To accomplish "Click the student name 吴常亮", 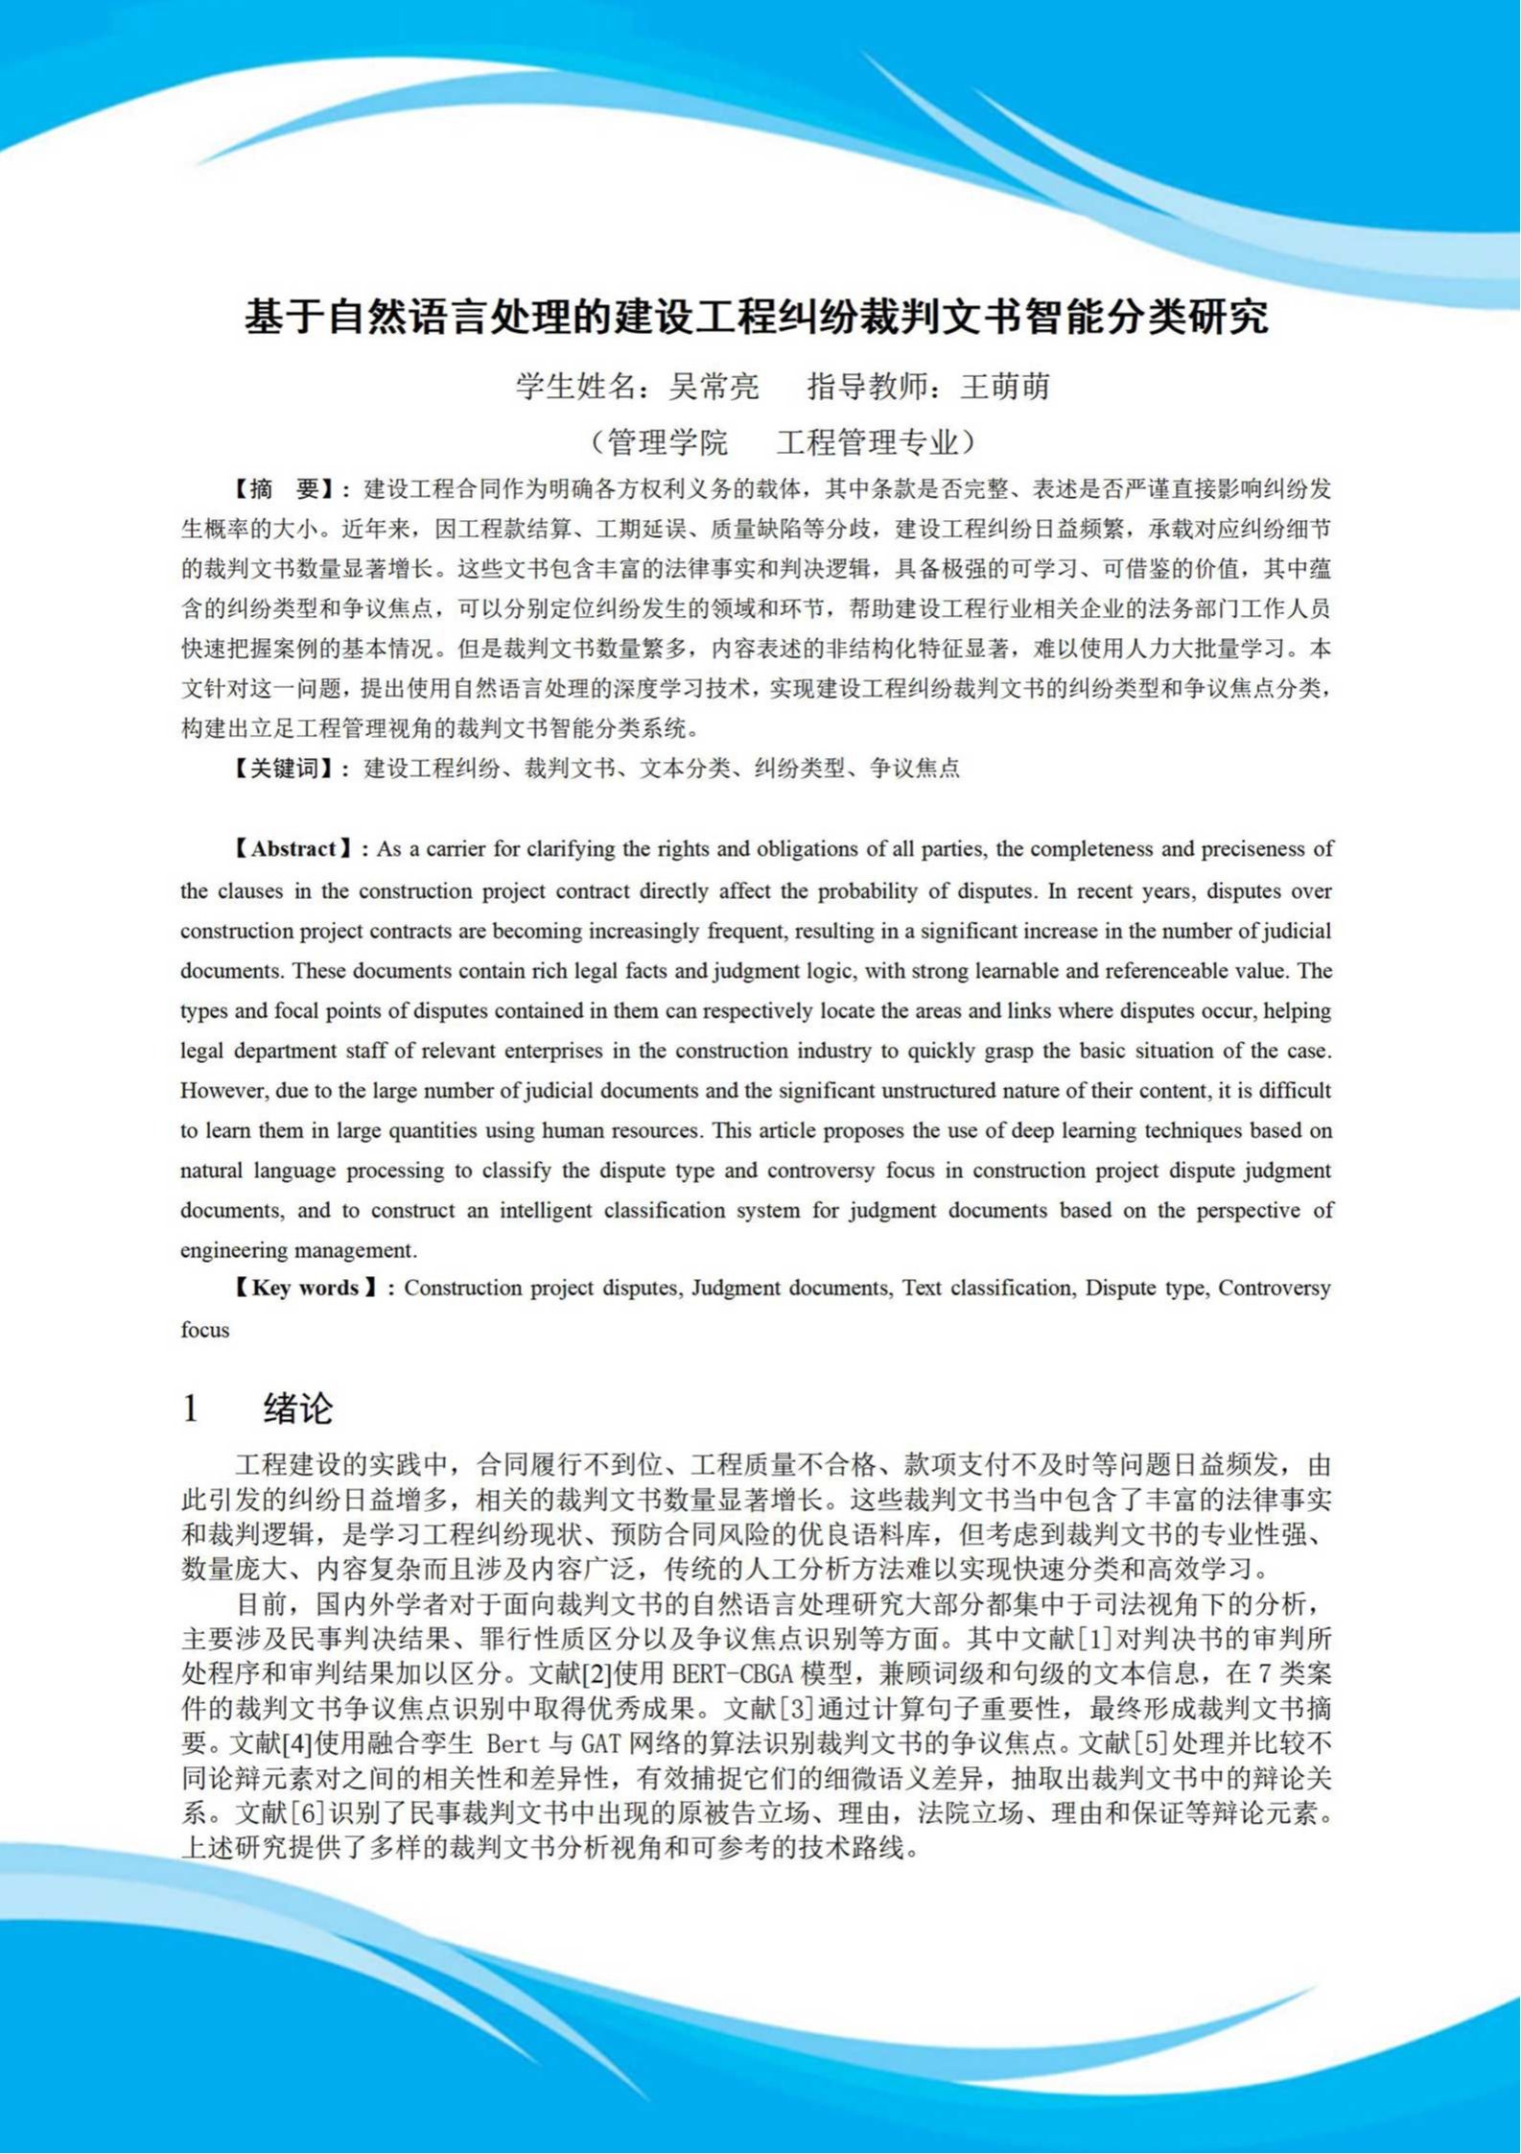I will pyautogui.click(x=714, y=387).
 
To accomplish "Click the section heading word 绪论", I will pyautogui.click(x=298, y=1408).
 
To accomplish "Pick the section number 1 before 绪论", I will pyautogui.click(x=190, y=1408).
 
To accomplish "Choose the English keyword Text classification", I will pyautogui.click(x=987, y=1289).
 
